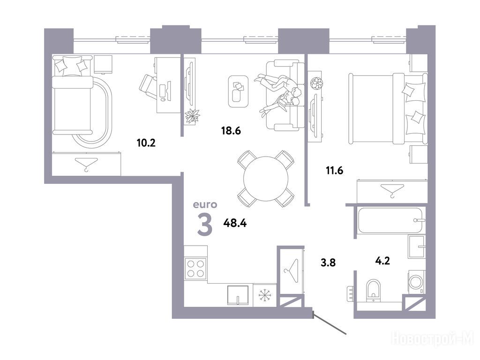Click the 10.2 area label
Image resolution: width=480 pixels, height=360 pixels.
(x=146, y=142)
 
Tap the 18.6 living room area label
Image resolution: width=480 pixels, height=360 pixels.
(x=231, y=131)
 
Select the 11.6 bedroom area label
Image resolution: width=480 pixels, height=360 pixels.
(x=334, y=170)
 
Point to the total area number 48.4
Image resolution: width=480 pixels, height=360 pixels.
(x=235, y=223)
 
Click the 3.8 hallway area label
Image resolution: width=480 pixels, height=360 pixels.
(x=328, y=262)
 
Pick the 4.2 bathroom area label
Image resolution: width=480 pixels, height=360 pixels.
(x=382, y=261)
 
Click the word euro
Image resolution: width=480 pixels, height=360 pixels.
(x=205, y=204)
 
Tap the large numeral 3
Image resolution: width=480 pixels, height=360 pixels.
(x=205, y=225)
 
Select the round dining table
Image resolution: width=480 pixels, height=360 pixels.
(x=266, y=179)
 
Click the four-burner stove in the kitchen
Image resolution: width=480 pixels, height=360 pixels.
(x=195, y=269)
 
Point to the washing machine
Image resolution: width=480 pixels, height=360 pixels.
(x=417, y=282)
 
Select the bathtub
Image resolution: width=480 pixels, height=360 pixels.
(x=391, y=220)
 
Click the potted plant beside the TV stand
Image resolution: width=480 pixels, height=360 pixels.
(x=192, y=116)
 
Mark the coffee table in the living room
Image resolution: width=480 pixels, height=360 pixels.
(x=238, y=91)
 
